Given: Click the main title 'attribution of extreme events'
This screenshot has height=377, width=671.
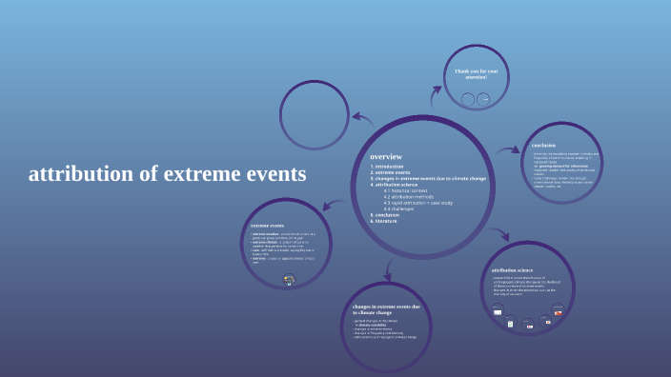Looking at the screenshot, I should (x=168, y=174).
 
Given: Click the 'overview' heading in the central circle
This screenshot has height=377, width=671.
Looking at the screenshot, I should (x=386, y=156).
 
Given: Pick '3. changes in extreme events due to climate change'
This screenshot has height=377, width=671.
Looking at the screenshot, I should (x=428, y=179).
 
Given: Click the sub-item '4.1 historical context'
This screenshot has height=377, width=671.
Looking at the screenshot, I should (x=409, y=190).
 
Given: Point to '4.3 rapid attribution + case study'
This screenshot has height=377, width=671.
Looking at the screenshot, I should (x=418, y=203).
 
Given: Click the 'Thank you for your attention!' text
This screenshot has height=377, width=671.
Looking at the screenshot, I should (x=475, y=73).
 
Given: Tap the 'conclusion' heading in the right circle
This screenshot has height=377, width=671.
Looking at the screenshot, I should (x=543, y=145).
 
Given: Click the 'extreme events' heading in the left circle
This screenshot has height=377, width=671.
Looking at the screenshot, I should (x=267, y=226).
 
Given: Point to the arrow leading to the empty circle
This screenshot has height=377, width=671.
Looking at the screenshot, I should (x=361, y=118).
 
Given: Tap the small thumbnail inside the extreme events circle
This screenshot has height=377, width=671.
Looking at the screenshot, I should (x=289, y=280).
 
